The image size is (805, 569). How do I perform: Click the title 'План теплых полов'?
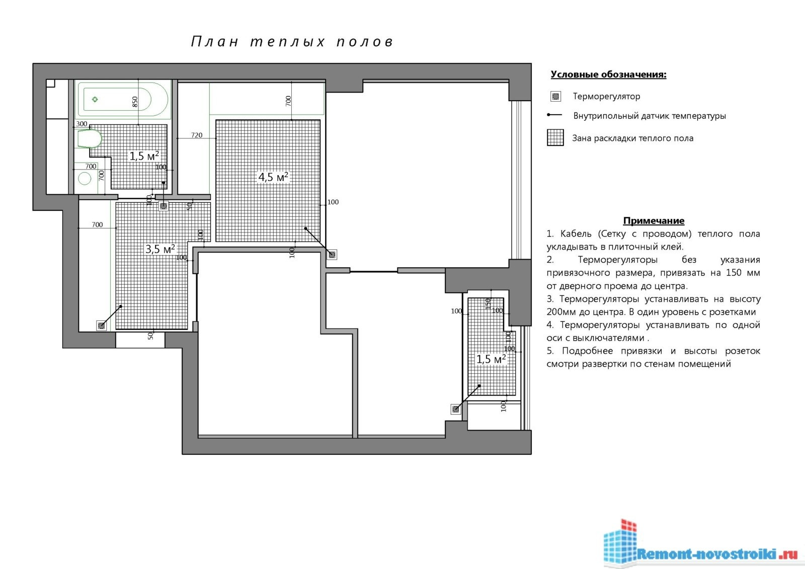(x=292, y=42)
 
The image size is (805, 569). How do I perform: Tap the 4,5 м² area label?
(x=273, y=177)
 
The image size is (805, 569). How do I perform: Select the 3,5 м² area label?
(x=160, y=249)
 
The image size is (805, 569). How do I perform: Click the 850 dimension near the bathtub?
(x=135, y=102)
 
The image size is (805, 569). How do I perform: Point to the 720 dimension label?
(x=197, y=135)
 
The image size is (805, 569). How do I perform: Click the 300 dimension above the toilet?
(x=82, y=124)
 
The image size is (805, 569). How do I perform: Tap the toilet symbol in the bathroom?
(x=90, y=139)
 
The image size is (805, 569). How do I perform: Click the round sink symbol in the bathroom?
(x=85, y=178)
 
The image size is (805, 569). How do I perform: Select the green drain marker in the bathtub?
(x=95, y=99)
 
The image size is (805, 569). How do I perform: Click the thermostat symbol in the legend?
(x=555, y=96)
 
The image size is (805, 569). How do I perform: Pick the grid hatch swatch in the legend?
(x=555, y=138)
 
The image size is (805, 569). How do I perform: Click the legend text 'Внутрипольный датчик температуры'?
(x=650, y=116)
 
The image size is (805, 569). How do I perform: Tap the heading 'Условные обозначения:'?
(x=608, y=74)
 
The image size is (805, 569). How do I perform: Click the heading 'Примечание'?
(x=654, y=220)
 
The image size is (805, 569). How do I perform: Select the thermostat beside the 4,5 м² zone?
(x=332, y=255)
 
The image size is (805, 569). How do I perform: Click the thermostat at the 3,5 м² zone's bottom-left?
(x=102, y=326)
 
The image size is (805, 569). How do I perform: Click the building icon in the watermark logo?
(x=619, y=541)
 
